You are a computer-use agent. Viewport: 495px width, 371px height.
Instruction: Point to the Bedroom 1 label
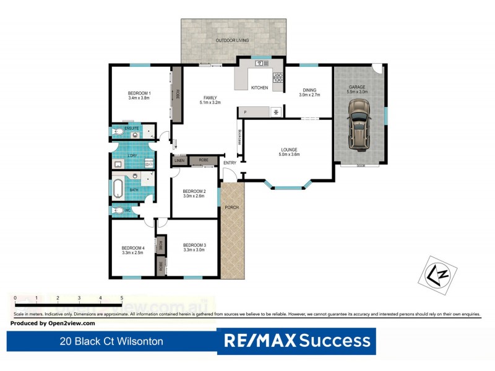pos(139,93)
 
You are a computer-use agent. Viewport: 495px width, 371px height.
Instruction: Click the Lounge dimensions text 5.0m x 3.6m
pos(289,155)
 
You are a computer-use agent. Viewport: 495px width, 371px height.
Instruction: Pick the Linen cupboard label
pos(179,161)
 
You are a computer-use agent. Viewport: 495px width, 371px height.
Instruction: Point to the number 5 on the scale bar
pos(122,298)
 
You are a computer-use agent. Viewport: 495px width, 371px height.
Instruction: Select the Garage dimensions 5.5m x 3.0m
pos(358,92)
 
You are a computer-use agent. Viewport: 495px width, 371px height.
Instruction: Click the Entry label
pos(230,163)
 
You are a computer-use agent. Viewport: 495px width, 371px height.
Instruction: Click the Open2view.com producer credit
pos(53,323)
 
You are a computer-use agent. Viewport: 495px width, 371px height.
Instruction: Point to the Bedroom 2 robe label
pos(204,161)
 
